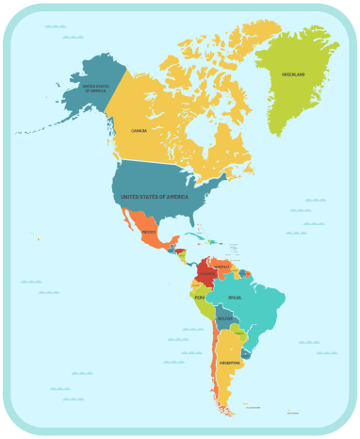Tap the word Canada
[139, 130]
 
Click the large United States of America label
[155, 197]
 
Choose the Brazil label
[235, 298]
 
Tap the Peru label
[200, 298]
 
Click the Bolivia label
[223, 318]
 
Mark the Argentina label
[229, 363]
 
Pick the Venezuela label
[222, 266]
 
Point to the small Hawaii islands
[36, 236]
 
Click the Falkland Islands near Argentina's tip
[246, 405]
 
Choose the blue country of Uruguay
[246, 353]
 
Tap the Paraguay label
[240, 333]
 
